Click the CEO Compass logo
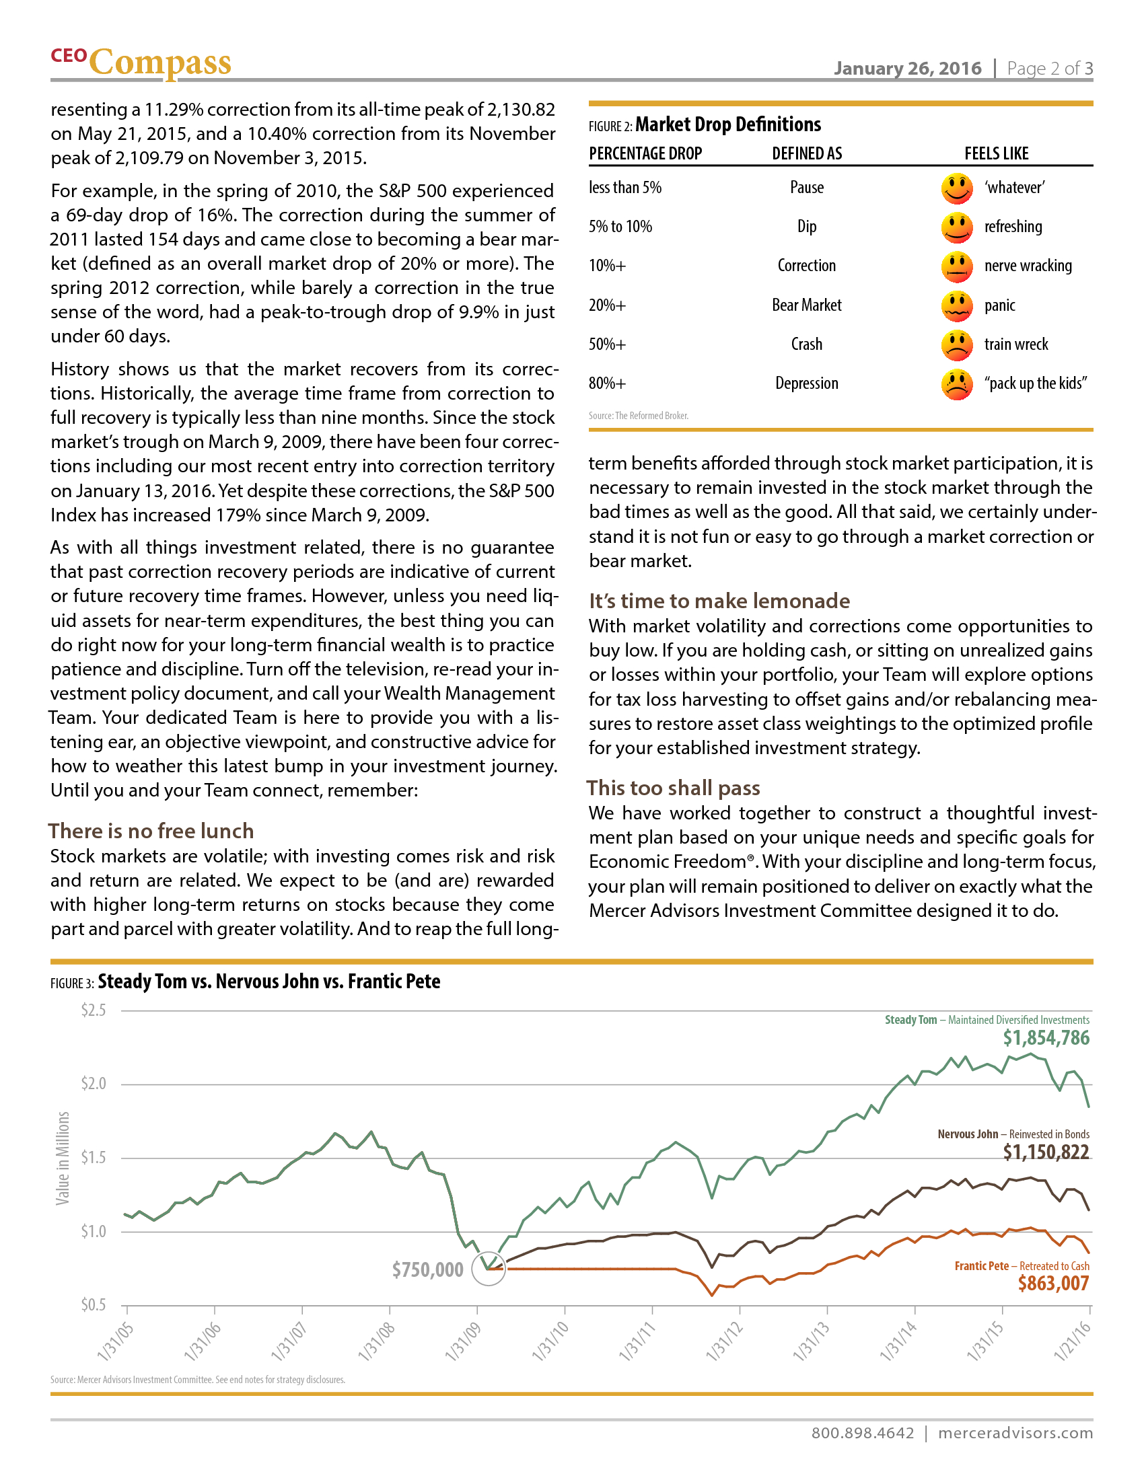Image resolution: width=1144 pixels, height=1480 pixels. [x=141, y=63]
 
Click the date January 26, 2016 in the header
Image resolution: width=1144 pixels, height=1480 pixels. [x=907, y=69]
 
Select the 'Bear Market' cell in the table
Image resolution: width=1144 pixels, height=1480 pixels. [x=806, y=305]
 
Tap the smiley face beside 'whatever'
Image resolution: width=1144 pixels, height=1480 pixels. [x=957, y=188]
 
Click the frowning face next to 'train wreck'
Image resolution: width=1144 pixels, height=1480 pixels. [x=957, y=345]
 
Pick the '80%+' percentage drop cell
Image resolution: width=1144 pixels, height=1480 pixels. [x=607, y=383]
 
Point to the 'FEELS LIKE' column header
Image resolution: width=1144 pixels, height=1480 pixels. [x=996, y=154]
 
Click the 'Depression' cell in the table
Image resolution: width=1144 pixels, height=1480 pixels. [x=806, y=383]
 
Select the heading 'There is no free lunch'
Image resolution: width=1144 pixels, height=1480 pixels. [x=151, y=831]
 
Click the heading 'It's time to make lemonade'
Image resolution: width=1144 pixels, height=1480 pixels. [x=719, y=601]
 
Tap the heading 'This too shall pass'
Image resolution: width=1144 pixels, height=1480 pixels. [x=673, y=788]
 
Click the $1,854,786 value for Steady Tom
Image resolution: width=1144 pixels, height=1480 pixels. [x=1046, y=1038]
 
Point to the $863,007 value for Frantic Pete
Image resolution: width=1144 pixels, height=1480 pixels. [x=1053, y=1284]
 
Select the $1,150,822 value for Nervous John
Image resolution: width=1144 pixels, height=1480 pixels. [x=1046, y=1152]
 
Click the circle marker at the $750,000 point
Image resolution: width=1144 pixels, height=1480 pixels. [x=488, y=1269]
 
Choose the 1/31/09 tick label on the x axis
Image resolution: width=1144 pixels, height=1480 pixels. [x=463, y=1341]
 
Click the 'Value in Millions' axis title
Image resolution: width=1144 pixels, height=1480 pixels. [x=63, y=1158]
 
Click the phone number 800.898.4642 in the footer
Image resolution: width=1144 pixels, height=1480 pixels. [x=862, y=1433]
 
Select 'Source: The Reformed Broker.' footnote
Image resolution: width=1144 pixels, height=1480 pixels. [x=639, y=416]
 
